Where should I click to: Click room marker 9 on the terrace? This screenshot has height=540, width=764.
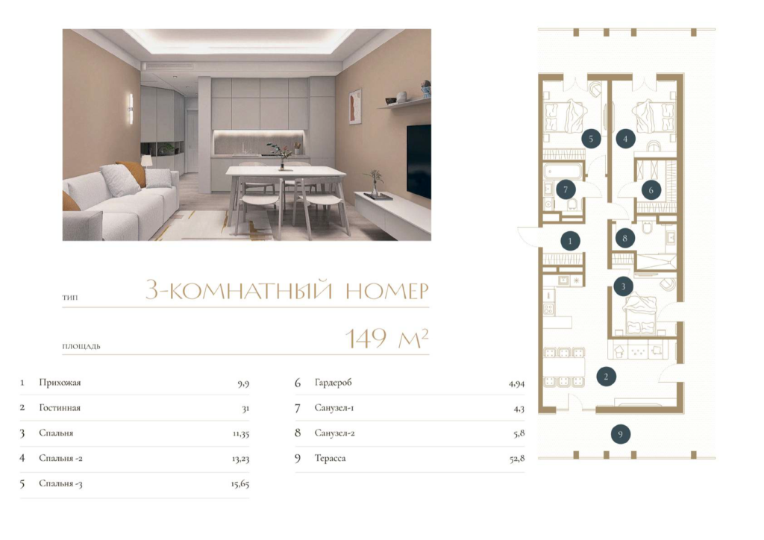(620, 434)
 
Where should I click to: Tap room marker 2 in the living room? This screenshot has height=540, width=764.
(606, 377)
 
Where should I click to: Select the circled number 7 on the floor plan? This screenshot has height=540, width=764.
(566, 189)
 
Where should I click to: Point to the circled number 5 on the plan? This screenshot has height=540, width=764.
(591, 139)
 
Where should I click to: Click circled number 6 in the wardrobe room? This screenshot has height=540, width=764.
(651, 190)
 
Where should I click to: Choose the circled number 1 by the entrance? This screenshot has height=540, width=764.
(571, 241)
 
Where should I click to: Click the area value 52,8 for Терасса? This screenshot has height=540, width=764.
(516, 458)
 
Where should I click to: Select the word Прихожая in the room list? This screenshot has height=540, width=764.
(60, 383)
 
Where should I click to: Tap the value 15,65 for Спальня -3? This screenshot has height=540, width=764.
(240, 483)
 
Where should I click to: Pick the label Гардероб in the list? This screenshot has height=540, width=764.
(333, 383)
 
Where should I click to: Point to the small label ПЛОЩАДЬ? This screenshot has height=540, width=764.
(81, 347)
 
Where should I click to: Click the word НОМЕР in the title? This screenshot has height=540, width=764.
(387, 291)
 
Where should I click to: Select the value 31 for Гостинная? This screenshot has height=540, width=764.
(245, 408)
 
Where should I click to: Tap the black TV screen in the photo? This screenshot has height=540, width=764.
(419, 161)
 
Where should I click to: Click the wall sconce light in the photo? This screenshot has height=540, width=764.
(130, 109)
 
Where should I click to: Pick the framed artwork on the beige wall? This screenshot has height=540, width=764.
(355, 107)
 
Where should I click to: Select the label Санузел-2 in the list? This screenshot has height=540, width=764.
(334, 433)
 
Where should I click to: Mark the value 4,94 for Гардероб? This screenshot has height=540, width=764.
(516, 383)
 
